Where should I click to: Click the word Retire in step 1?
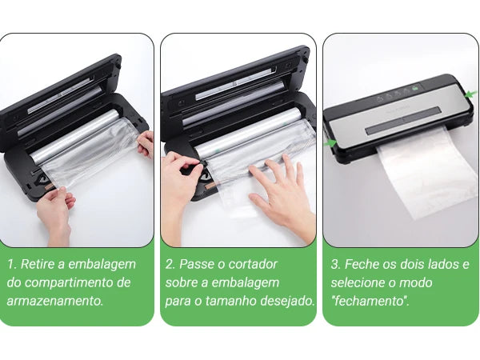[38, 264]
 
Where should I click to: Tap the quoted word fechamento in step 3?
[370, 302]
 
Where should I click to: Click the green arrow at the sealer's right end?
[471, 94]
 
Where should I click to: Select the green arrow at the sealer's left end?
[330, 142]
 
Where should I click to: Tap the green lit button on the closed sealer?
[414, 89]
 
